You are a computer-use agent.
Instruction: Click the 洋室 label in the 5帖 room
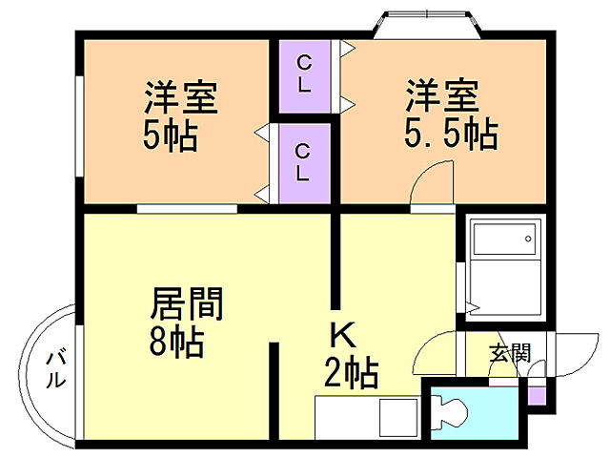tap(181, 97)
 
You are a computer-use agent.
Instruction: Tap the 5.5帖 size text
tap(450, 135)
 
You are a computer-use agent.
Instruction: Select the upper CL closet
tap(303, 74)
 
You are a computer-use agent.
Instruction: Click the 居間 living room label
tap(187, 305)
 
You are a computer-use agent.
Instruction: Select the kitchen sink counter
tap(366, 418)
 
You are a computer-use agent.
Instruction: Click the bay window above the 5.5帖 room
tap(427, 23)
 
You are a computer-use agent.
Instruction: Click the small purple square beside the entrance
tap(537, 393)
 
